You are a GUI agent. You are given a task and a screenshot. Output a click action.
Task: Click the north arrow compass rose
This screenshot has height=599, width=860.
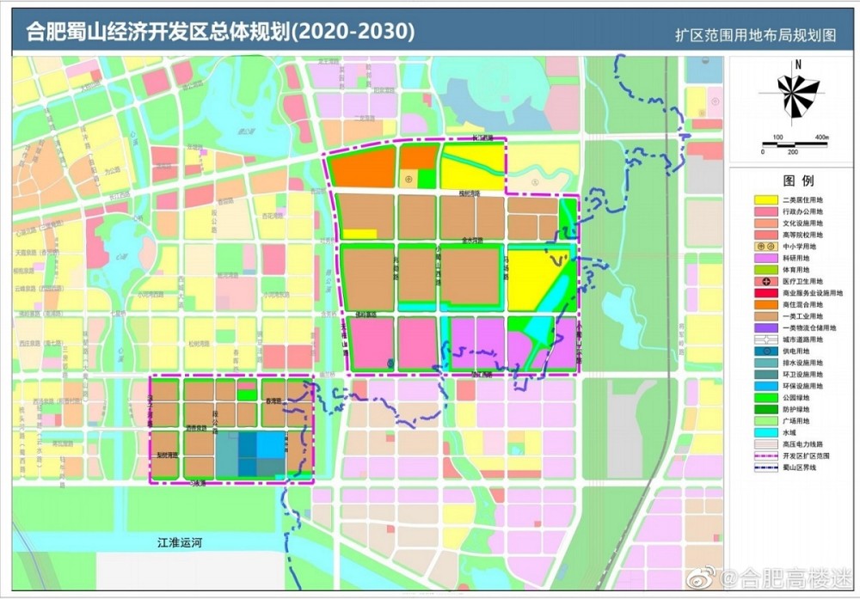[x=798, y=94]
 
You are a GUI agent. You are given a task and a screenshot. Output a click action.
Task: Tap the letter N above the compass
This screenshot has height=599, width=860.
[x=798, y=64]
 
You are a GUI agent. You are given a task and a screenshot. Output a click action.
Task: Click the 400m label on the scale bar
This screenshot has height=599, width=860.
[x=821, y=138]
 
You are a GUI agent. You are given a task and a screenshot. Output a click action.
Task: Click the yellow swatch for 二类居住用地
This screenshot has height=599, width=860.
[x=759, y=199]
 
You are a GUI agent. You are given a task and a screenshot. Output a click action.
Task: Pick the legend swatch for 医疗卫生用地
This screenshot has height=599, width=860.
[x=759, y=281]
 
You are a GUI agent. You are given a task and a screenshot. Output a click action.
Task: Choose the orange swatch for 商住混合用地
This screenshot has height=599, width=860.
[x=759, y=304]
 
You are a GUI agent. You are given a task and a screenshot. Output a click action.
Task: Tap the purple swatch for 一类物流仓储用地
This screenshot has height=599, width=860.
[x=759, y=327]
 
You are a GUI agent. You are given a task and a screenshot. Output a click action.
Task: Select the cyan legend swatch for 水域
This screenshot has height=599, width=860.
[x=759, y=432]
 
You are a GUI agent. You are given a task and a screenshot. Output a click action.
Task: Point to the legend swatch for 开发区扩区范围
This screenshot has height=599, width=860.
[x=759, y=455]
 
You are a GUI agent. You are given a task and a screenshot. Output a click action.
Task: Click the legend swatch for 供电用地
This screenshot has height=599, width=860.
[x=759, y=351]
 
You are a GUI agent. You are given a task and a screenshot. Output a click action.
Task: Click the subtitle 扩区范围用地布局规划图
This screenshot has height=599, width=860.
[x=755, y=36]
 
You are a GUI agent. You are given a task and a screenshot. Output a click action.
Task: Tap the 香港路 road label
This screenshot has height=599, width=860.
[x=274, y=401]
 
